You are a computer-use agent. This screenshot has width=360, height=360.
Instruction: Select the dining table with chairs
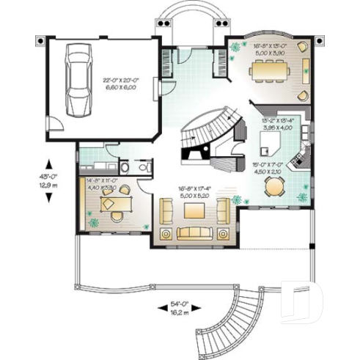click(269, 70)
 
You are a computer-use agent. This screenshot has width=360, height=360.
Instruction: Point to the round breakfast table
click(272, 187)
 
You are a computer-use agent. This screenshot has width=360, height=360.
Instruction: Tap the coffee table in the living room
click(194, 211)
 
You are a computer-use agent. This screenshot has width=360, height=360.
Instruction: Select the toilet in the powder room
click(124, 166)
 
